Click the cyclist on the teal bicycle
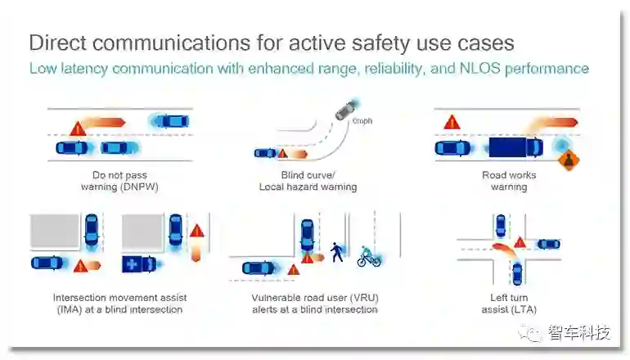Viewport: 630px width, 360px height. point(369,255)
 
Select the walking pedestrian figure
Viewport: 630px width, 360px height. point(337,251)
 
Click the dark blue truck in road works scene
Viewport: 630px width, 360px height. point(515,148)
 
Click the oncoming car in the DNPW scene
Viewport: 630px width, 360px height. point(171,121)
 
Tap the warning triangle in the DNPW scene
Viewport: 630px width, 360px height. point(79,128)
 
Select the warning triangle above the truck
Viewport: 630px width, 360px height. point(450,123)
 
